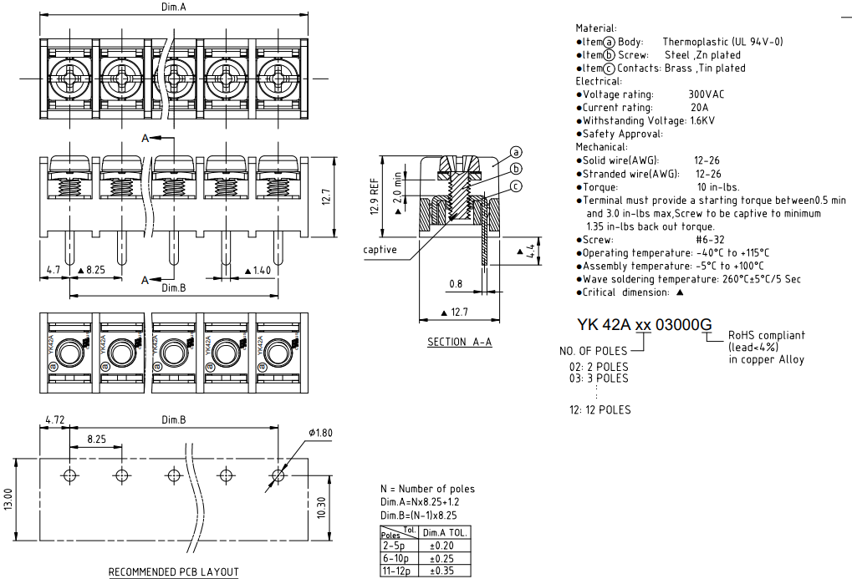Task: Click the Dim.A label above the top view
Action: click(x=174, y=7)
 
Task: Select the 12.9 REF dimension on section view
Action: click(x=375, y=196)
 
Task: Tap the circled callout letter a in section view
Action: click(x=516, y=152)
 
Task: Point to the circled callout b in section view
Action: click(x=516, y=170)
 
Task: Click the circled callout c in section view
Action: click(x=516, y=185)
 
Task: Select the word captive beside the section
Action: click(x=380, y=250)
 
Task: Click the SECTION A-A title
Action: click(x=459, y=343)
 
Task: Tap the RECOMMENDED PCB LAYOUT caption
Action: click(x=174, y=572)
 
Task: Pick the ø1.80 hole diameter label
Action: click(x=321, y=433)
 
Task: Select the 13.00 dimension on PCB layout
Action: click(x=9, y=502)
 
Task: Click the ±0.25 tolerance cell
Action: click(x=446, y=558)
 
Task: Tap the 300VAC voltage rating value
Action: click(x=707, y=94)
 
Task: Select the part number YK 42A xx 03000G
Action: click(x=645, y=325)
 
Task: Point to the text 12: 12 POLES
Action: click(x=599, y=409)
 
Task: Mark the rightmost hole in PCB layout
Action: click(x=277, y=475)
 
